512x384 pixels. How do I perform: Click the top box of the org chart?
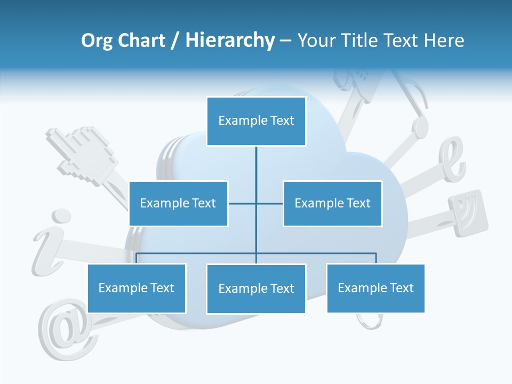pyautogui.click(x=256, y=121)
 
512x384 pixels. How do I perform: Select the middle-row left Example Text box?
pyautogui.click(x=178, y=203)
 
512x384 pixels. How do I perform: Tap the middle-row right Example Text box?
pyautogui.click(x=332, y=203)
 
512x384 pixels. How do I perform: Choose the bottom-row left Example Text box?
pyautogui.click(x=137, y=288)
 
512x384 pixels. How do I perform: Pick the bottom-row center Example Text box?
pyautogui.click(x=256, y=289)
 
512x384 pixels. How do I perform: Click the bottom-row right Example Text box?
pyautogui.click(x=375, y=288)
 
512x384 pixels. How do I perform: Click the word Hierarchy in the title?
pyautogui.click(x=229, y=41)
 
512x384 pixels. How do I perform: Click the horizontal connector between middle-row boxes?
pyautogui.click(x=243, y=203)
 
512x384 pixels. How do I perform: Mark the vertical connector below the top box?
pyautogui.click(x=256, y=171)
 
